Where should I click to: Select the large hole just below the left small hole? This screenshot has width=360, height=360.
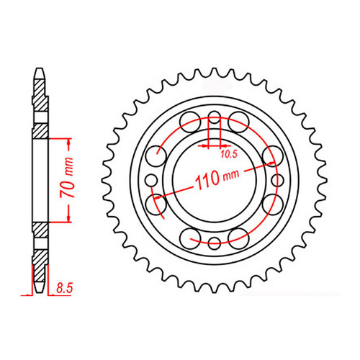click(156, 204)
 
